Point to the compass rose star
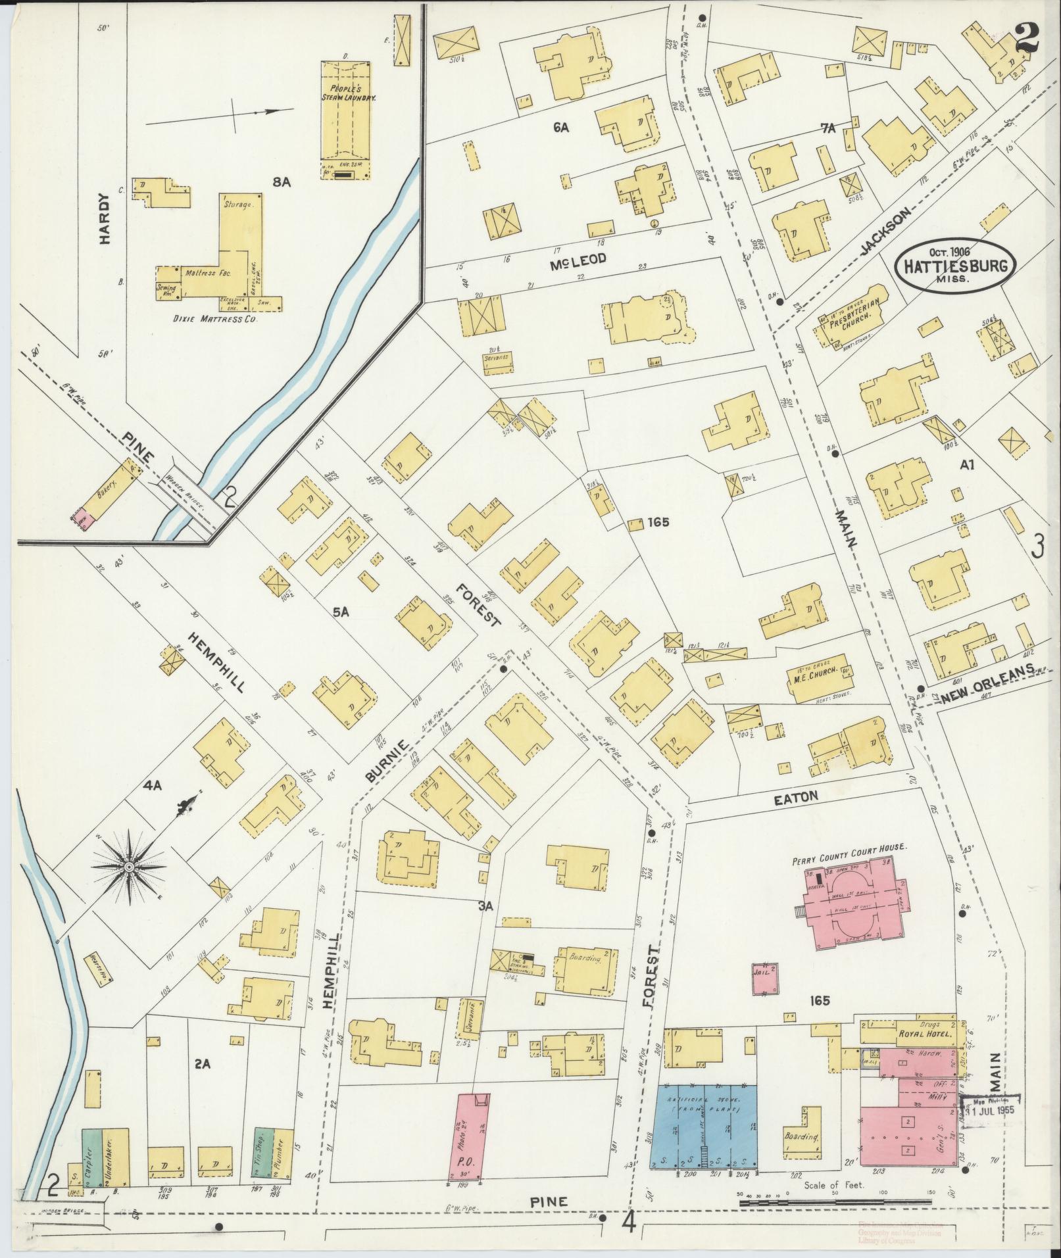pyautogui.click(x=129, y=868)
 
